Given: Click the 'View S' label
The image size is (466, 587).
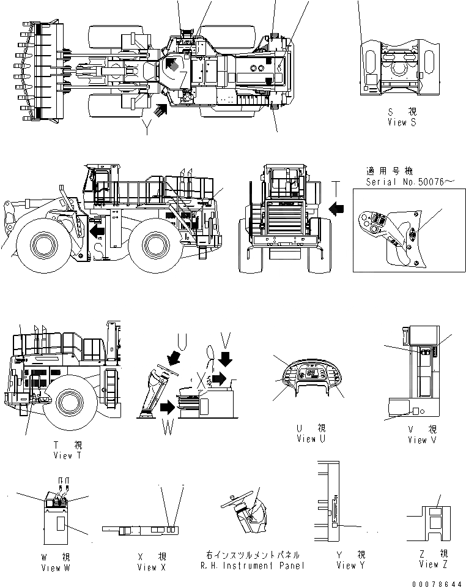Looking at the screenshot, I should coord(401,122).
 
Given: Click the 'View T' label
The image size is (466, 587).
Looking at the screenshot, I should coord(63,455).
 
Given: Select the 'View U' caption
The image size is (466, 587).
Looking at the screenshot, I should coord(306,438).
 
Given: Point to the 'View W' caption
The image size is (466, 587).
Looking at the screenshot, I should coord(59,567).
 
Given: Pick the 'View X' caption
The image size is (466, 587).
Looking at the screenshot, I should coord(147,567).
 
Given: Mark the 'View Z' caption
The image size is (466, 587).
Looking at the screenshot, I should coord(429,564).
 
